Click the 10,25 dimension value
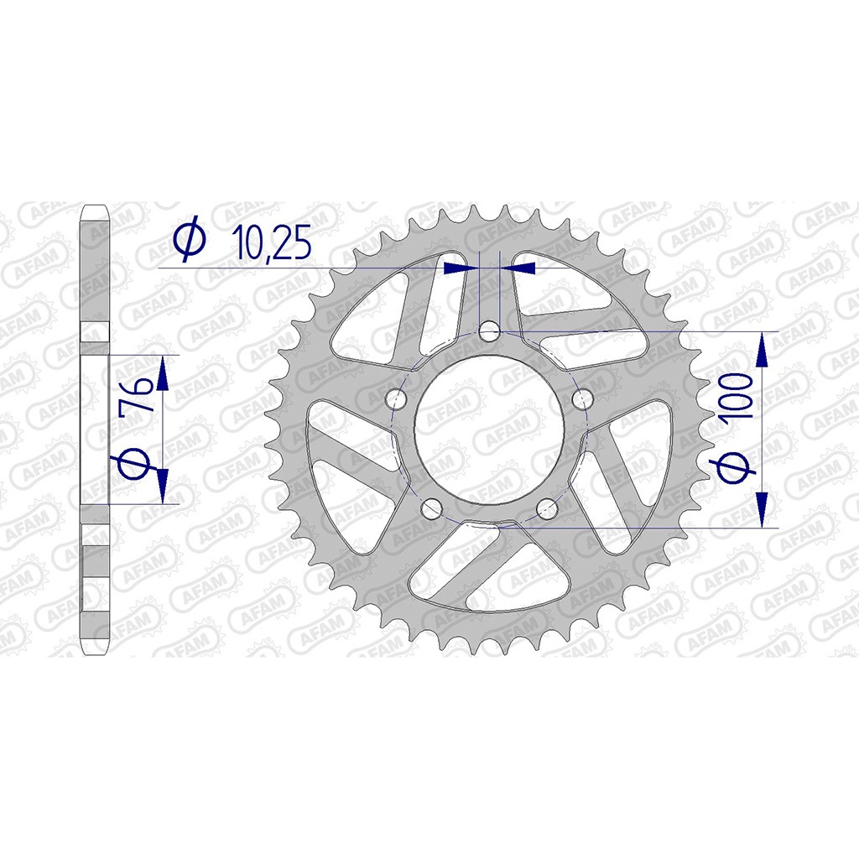[x=272, y=242]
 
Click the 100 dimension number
[x=737, y=396]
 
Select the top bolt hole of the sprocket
[x=489, y=331]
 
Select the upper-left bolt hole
[x=396, y=398]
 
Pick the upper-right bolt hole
[x=582, y=398]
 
